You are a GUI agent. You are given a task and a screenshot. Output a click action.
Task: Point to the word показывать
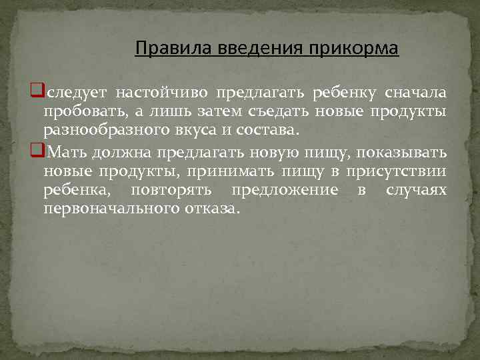point(409,152)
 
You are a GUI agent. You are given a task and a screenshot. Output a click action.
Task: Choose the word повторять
point(172,191)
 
